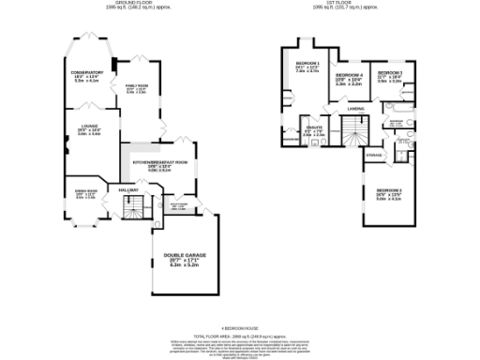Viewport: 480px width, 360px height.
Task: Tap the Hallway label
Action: coord(128,189)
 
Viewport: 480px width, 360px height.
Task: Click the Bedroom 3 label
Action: coord(389,73)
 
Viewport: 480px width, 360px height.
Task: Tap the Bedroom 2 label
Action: coord(388,190)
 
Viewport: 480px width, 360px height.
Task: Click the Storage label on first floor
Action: coord(374,154)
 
